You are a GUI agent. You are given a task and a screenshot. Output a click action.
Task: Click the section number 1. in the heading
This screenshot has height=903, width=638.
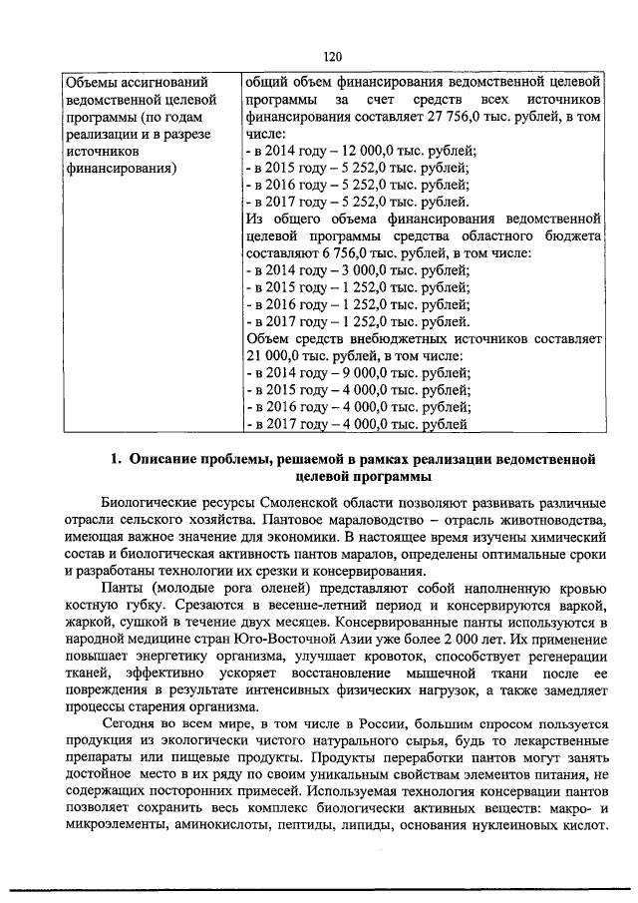pyautogui.click(x=116, y=460)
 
